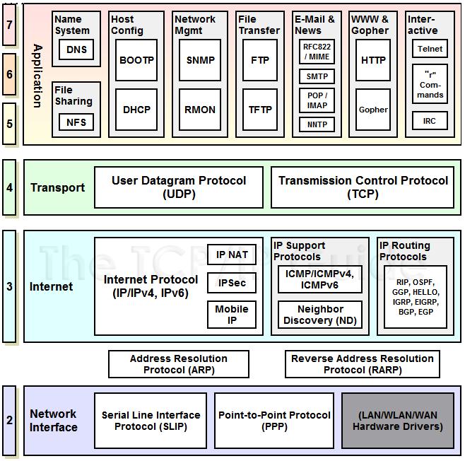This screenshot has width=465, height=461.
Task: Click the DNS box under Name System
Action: click(x=76, y=49)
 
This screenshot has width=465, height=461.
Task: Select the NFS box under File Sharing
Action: click(x=76, y=122)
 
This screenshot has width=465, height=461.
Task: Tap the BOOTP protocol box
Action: click(x=136, y=60)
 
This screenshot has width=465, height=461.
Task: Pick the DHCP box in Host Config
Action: click(x=136, y=110)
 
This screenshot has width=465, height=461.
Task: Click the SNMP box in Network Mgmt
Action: click(x=200, y=60)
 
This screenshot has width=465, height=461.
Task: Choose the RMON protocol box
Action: click(x=200, y=110)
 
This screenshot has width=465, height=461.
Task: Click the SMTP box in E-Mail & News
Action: click(x=317, y=76)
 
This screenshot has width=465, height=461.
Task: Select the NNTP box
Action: click(x=317, y=124)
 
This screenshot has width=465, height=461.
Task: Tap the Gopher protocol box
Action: click(x=373, y=110)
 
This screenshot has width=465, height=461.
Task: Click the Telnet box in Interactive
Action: click(x=430, y=49)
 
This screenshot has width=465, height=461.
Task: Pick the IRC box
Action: click(x=430, y=121)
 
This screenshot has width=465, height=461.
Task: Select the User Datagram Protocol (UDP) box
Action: click(x=179, y=187)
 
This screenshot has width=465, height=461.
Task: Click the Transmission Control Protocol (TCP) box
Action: click(x=363, y=187)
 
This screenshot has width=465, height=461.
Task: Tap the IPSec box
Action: click(x=232, y=284)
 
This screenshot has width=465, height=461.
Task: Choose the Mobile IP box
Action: click(x=232, y=315)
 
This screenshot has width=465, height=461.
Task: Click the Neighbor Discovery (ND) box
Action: click(x=320, y=315)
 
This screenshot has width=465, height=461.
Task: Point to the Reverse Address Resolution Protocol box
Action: click(x=363, y=364)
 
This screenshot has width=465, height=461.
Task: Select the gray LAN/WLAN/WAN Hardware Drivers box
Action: click(x=398, y=421)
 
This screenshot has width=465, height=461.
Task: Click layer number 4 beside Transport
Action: click(x=9, y=187)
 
